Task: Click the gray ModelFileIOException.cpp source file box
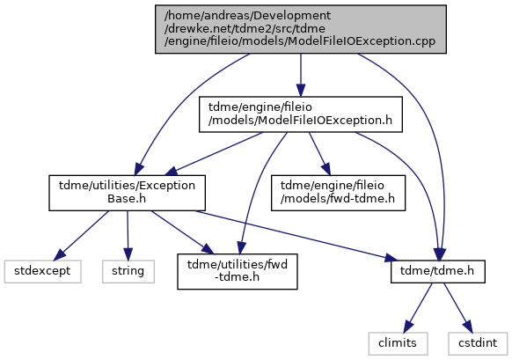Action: [300, 29]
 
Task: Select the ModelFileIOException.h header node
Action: [300, 114]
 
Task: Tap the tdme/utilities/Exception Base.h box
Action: [127, 193]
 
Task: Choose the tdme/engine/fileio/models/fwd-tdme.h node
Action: [338, 193]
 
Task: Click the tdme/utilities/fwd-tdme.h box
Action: [238, 271]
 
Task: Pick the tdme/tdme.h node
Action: [437, 271]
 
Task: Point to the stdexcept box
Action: [42, 271]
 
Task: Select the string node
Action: [128, 271]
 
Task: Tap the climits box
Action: [398, 343]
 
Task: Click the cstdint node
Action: [478, 343]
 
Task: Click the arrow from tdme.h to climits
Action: [418, 307]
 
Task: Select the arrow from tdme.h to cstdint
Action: [457, 307]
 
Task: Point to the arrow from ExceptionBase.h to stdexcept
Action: [81, 235]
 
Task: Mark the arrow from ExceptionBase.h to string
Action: [128, 236]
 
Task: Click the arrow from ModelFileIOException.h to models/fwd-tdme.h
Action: [319, 154]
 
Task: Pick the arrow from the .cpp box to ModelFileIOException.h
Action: [301, 75]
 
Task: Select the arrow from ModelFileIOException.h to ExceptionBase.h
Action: [216, 153]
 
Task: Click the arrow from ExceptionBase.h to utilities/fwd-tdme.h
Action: [182, 232]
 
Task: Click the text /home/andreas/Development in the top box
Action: [247, 16]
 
